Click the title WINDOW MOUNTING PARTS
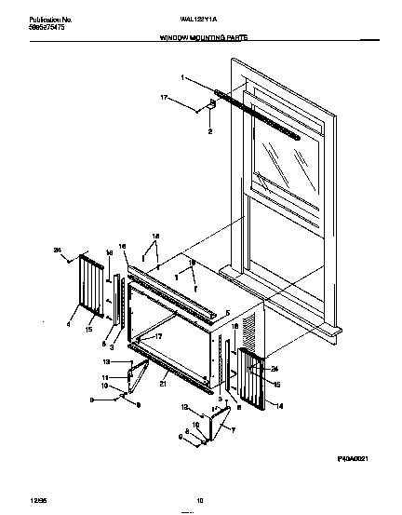[201, 43]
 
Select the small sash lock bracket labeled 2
[209, 107]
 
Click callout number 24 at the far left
[57, 249]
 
